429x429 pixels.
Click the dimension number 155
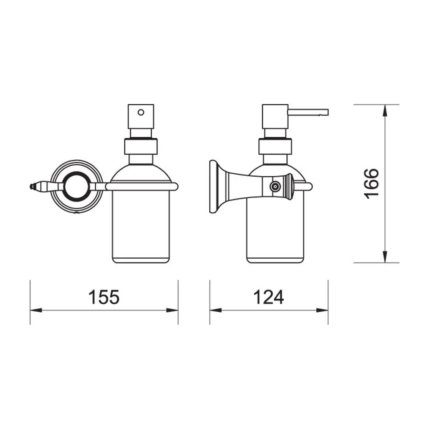(x=104, y=297)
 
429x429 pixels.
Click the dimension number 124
(x=269, y=297)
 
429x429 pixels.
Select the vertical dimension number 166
(x=371, y=184)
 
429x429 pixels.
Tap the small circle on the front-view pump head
(x=141, y=112)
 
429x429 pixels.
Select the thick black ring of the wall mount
(x=77, y=187)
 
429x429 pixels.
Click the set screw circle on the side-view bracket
(x=275, y=187)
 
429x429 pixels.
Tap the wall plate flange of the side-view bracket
(x=214, y=187)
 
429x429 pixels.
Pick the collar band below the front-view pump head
(x=141, y=147)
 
